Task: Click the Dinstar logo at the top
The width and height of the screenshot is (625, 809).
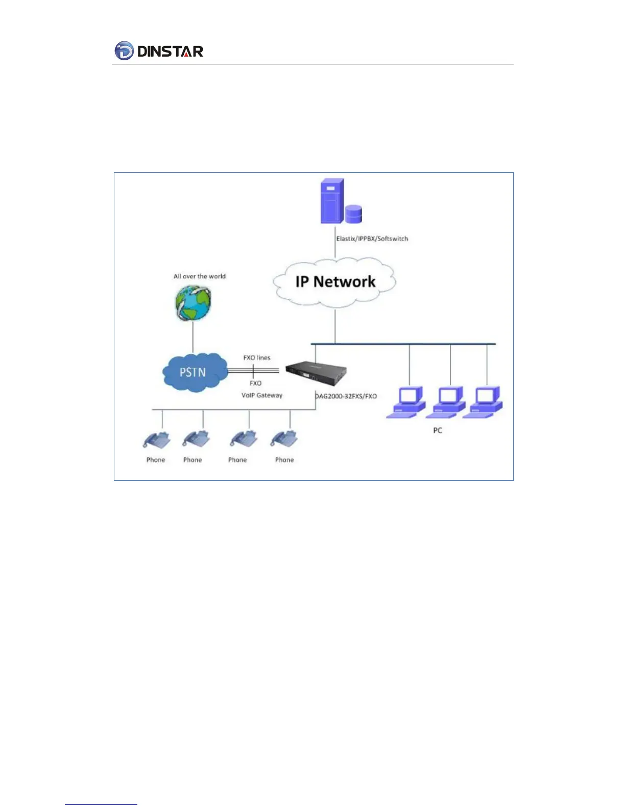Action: (159, 51)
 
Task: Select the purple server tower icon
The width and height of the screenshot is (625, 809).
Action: (331, 201)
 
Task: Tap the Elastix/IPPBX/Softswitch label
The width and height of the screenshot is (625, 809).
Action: (372, 239)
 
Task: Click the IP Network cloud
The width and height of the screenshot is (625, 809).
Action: (335, 281)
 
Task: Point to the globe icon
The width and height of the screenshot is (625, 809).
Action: (193, 302)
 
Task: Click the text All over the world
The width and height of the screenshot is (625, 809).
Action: (199, 276)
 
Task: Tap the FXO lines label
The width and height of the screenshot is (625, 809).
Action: (256, 358)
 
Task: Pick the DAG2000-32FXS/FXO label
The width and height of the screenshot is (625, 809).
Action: (346, 396)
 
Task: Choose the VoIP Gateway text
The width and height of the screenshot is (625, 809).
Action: (262, 395)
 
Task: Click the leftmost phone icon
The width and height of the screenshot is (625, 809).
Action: (156, 440)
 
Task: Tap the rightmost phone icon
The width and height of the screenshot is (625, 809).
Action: (284, 440)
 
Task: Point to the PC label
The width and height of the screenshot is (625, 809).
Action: (438, 430)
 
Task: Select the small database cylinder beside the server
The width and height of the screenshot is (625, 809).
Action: (353, 213)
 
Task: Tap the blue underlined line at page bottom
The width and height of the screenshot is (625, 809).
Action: (101, 804)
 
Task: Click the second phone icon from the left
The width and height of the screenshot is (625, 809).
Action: (197, 440)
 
